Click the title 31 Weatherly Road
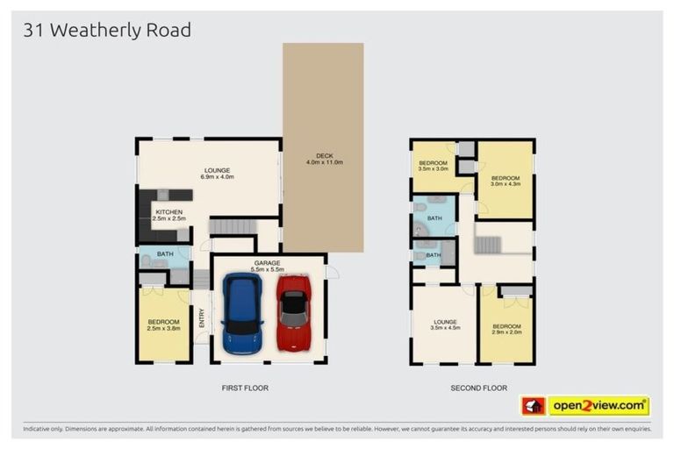[x=107, y=31]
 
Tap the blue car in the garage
[x=242, y=313]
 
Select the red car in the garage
[x=294, y=313]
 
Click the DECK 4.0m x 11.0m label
[x=323, y=160]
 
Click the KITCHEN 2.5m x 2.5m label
[x=170, y=215]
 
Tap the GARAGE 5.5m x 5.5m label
[x=267, y=266]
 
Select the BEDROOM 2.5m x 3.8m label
[x=164, y=325]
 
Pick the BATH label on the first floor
[x=164, y=255]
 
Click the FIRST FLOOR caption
[x=245, y=388]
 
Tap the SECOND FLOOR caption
[x=478, y=388]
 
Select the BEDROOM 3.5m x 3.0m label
[x=434, y=166]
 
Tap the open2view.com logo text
[x=599, y=406]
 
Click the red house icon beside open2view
[x=533, y=406]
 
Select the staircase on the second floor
[x=488, y=244]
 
